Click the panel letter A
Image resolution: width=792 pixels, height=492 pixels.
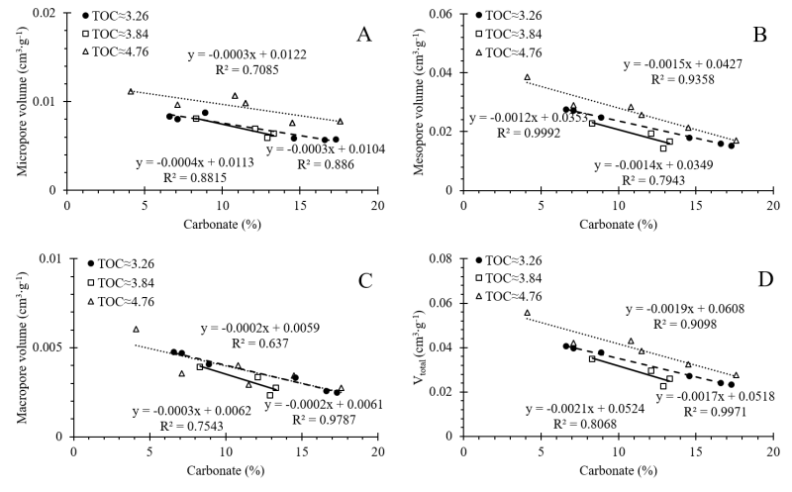point(363,35)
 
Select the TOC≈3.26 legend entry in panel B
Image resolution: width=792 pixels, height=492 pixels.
point(514,17)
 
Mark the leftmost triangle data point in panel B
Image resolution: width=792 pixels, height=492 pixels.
point(528,77)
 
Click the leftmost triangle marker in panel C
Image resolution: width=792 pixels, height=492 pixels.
point(136,330)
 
